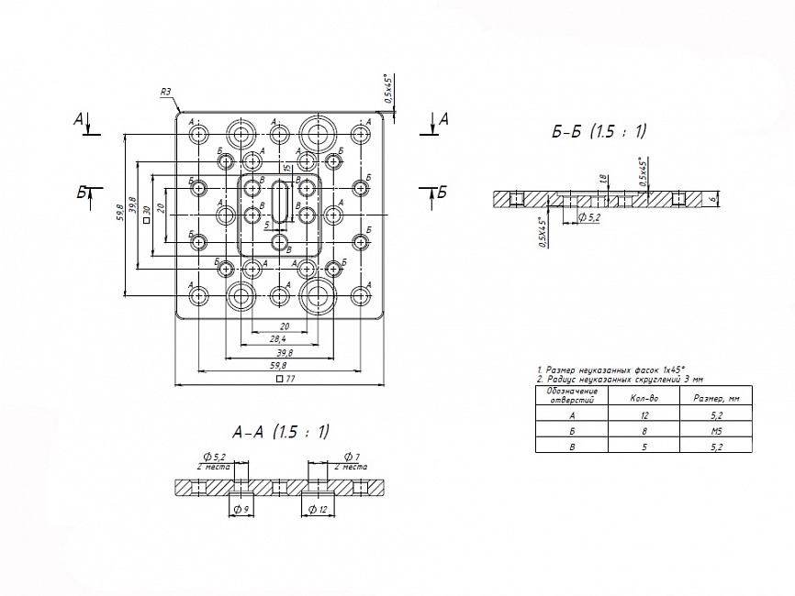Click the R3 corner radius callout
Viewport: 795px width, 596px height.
(x=165, y=92)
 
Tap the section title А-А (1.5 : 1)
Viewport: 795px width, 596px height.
(x=281, y=432)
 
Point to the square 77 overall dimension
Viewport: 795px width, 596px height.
(x=285, y=378)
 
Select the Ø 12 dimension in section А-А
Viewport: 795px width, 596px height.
(x=317, y=509)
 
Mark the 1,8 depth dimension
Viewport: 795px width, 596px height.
(x=602, y=181)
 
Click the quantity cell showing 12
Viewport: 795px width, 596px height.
(x=643, y=414)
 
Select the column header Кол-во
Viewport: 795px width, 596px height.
(x=643, y=397)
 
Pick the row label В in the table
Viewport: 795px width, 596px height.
(x=572, y=446)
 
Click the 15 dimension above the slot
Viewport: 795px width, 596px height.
(x=287, y=169)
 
